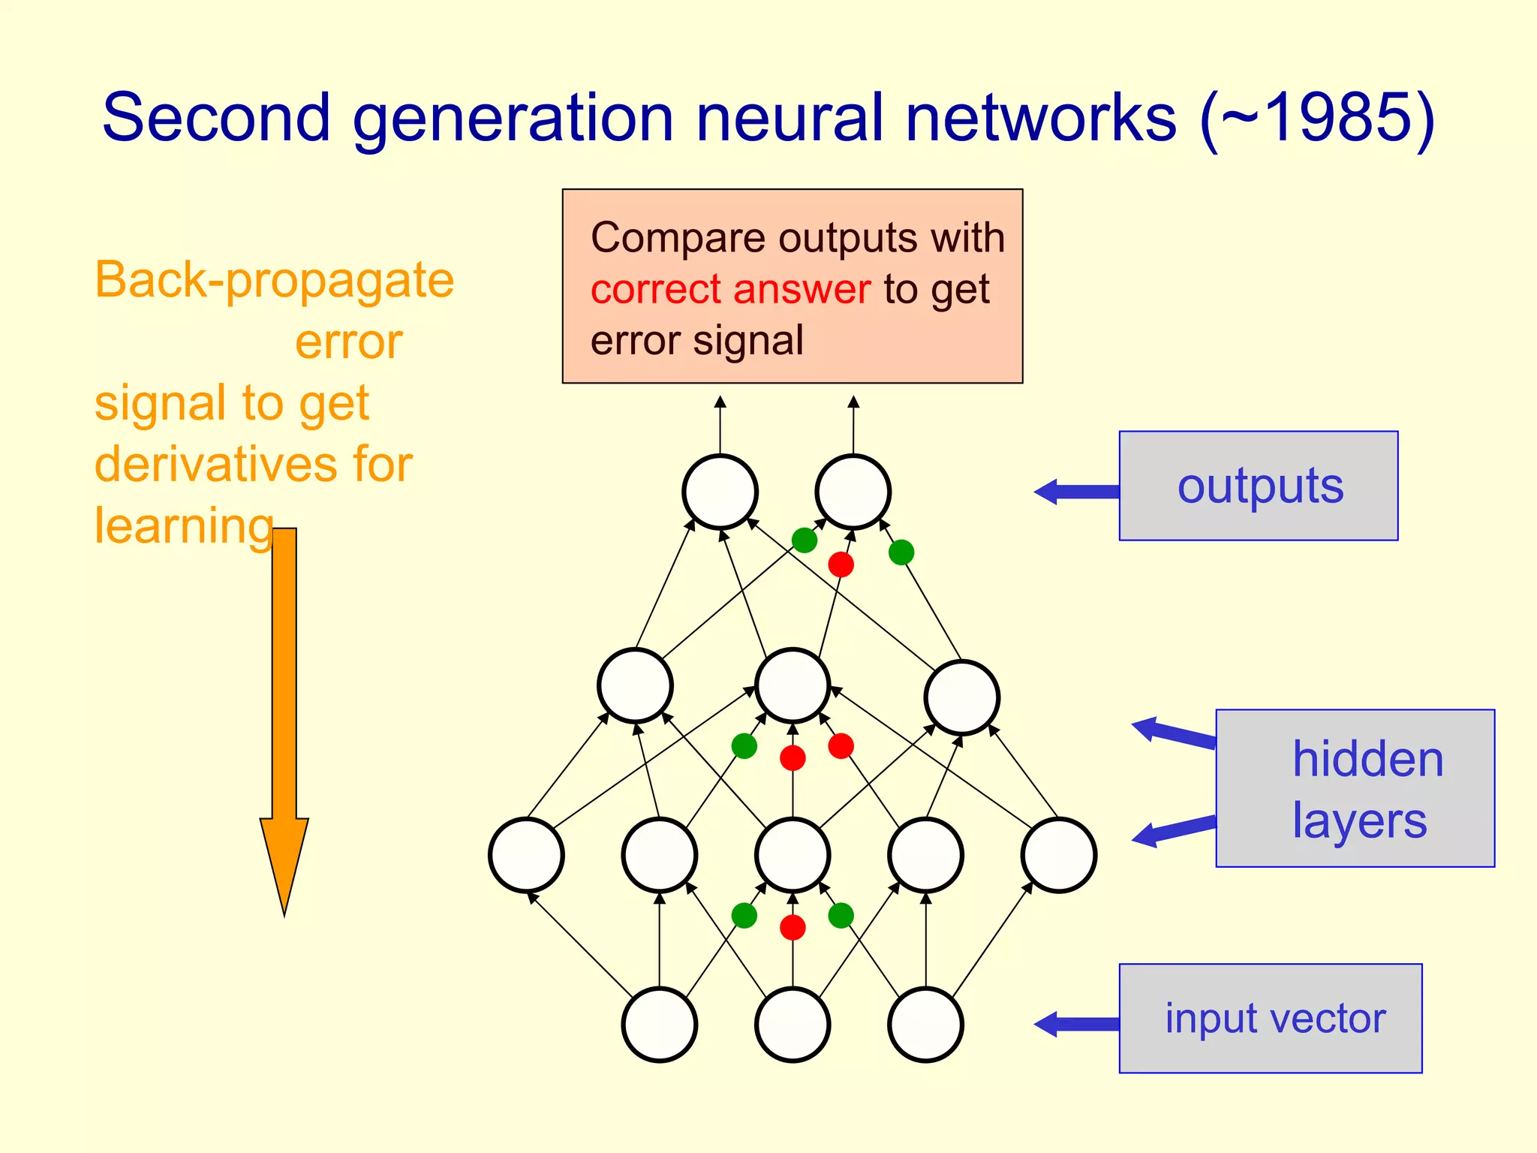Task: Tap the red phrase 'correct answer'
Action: [x=730, y=289]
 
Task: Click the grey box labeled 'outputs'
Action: [x=1259, y=486]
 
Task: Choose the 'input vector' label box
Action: [x=1271, y=1019]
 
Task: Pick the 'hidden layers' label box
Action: [x=1355, y=788]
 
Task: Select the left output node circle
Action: [x=720, y=492]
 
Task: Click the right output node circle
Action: [x=853, y=492]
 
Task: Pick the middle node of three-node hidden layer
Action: [x=793, y=685]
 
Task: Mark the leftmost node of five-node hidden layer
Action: [x=526, y=855]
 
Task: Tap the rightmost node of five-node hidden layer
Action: [x=1059, y=855]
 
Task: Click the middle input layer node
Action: [x=793, y=1025]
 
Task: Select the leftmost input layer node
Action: [x=660, y=1025]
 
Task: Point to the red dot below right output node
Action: [x=841, y=564]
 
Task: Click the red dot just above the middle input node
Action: [x=793, y=927]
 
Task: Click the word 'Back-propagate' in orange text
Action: [x=274, y=280]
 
